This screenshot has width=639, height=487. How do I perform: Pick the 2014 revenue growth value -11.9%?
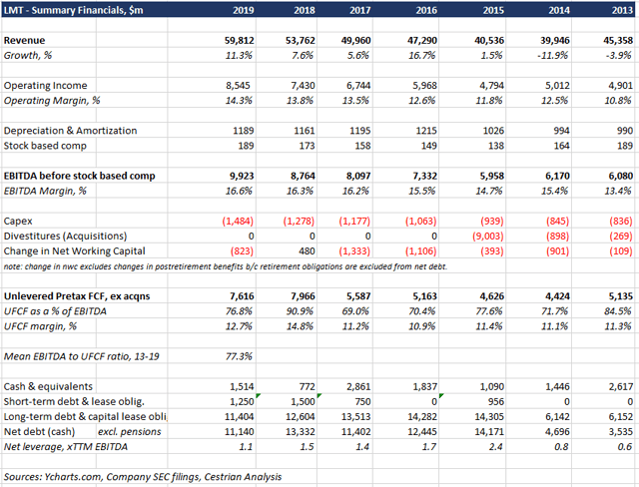coord(554,55)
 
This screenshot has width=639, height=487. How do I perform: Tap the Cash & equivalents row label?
coord(50,386)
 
